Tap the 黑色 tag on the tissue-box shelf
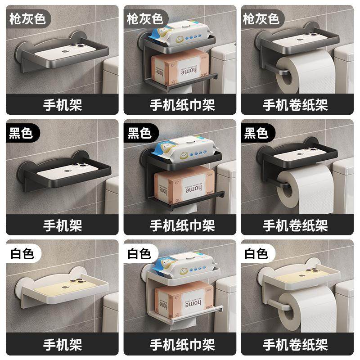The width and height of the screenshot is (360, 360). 139,133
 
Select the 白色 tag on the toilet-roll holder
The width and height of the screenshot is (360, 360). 256,253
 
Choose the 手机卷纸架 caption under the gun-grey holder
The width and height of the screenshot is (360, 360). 295,105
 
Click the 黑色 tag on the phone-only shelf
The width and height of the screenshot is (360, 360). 21,133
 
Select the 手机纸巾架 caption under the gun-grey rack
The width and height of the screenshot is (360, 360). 182,105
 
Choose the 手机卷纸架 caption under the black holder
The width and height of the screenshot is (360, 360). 295,224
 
